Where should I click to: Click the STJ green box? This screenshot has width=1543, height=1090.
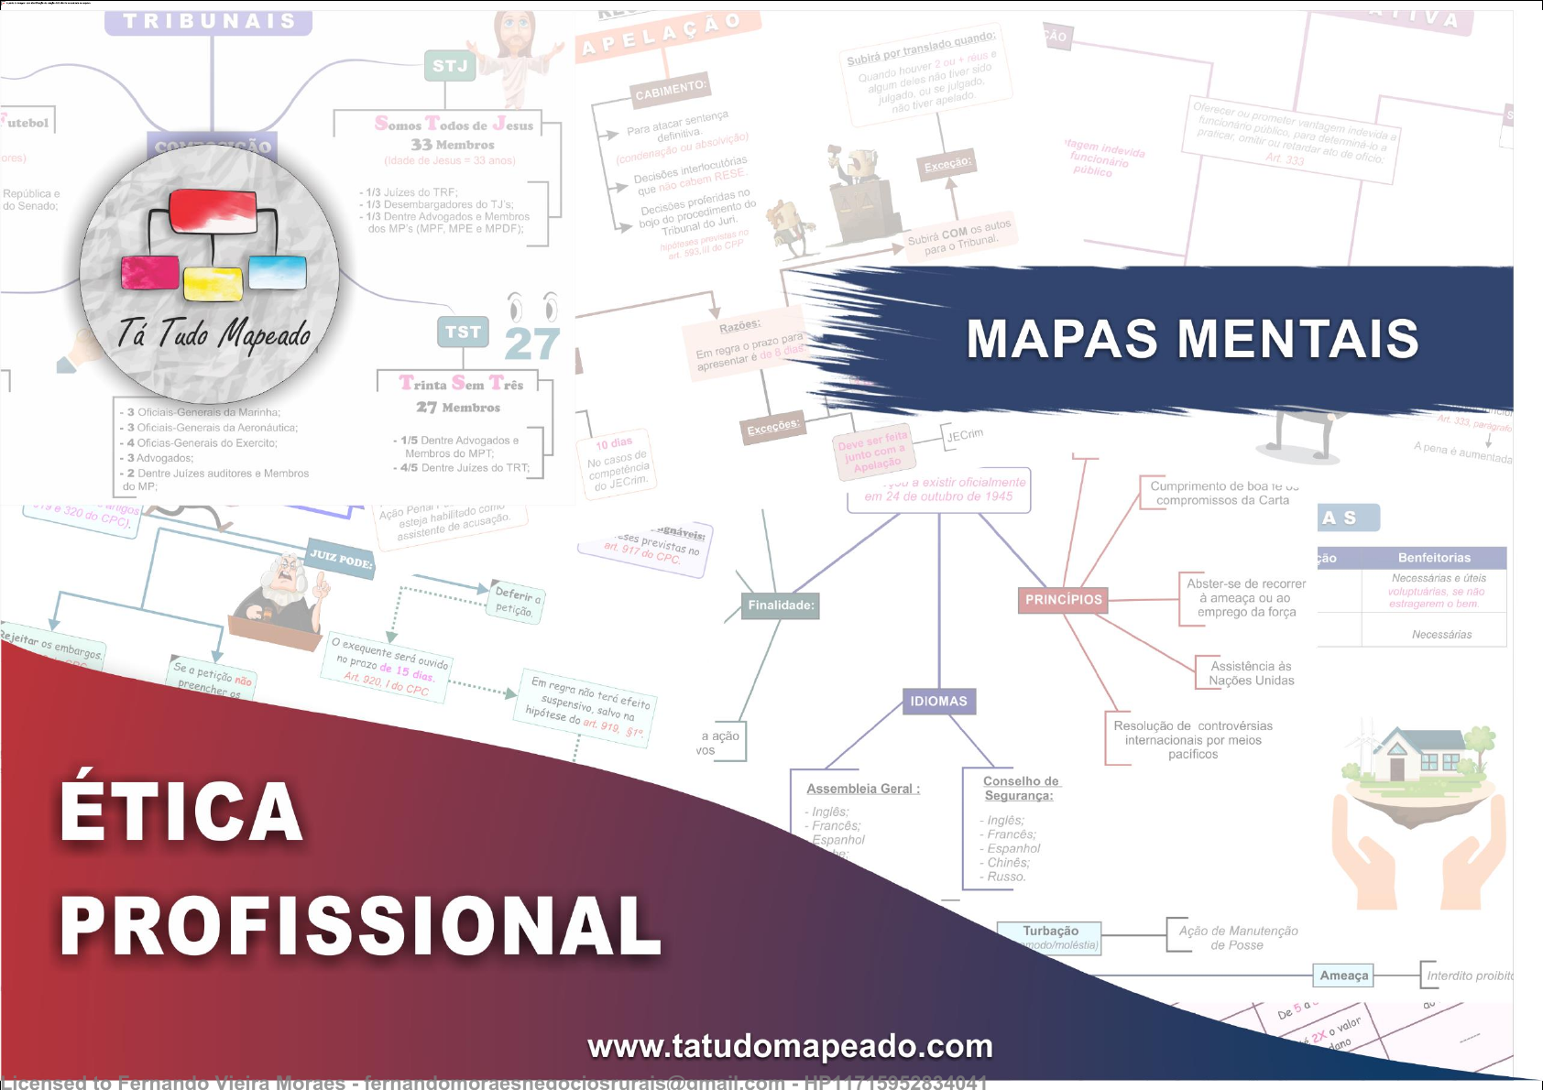[x=450, y=66]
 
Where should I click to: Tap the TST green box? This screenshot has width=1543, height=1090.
[x=463, y=332]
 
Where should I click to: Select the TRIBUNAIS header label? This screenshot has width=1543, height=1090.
[x=209, y=22]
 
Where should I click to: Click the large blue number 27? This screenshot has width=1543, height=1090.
[x=531, y=344]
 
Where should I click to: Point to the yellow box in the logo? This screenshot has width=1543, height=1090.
[x=213, y=283]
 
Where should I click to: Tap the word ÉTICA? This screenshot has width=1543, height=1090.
[x=181, y=812]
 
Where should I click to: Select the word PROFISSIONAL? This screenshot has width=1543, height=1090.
[x=360, y=926]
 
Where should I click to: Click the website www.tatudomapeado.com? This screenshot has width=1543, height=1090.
[x=790, y=1046]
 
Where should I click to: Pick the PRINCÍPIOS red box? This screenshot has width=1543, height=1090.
[x=1063, y=600]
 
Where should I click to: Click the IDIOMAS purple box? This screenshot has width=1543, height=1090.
[x=938, y=702]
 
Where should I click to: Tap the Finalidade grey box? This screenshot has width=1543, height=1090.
[x=781, y=605]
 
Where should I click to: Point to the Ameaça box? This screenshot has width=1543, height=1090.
[x=1343, y=976]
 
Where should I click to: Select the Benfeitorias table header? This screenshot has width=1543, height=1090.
[x=1434, y=558]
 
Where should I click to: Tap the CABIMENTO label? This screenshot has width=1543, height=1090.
[x=670, y=89]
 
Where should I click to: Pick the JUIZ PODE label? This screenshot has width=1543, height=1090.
[x=341, y=557]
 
